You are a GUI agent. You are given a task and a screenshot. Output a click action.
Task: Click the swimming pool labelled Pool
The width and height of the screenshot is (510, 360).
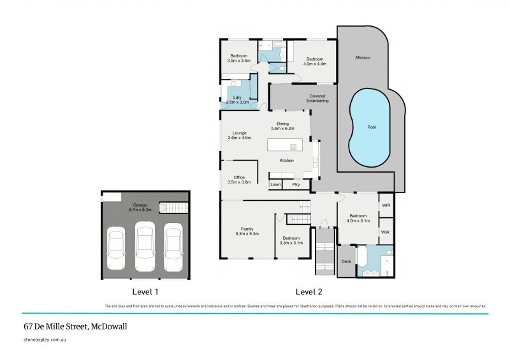pos(371,127)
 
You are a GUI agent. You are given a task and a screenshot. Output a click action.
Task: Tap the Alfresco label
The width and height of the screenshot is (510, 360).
pos(363,58)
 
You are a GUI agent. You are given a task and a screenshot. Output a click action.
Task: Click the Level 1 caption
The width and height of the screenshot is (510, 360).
pos(145,292)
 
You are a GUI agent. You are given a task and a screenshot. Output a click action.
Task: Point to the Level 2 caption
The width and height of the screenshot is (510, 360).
pos(309,292)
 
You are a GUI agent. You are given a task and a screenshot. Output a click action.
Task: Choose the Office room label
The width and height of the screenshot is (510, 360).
pos(239,178)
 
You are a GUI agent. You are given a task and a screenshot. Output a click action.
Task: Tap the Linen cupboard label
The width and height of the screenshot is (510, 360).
pos(275,185)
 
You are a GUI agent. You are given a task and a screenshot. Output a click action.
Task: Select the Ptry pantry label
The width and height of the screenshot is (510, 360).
pos(296,185)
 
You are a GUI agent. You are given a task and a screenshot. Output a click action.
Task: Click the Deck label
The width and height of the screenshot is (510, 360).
pos(347,261)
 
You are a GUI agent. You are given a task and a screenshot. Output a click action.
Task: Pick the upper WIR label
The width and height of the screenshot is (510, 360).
pos(385,205)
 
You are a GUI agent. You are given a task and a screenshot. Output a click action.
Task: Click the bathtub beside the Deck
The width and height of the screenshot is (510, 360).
pos(361,257)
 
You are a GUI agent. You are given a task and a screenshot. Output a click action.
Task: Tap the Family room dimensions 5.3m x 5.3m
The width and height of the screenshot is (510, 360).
pos(247,234)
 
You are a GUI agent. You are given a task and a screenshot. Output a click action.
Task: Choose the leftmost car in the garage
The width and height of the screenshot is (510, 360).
pos(116,249)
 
